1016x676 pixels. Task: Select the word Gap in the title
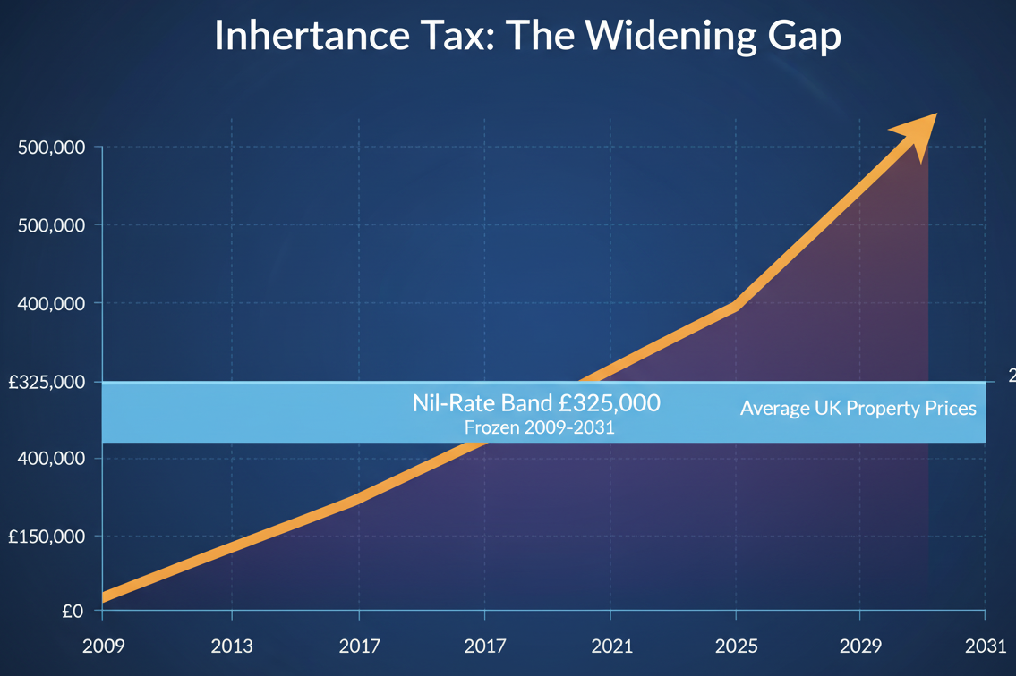tap(799, 38)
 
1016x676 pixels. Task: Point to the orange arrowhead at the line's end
tap(918, 132)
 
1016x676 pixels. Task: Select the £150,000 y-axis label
tap(47, 537)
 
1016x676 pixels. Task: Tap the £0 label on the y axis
tap(73, 612)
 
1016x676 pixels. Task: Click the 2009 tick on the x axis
tap(104, 646)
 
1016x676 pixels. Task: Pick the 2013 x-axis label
tap(232, 646)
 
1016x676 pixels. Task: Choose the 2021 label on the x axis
tap(610, 646)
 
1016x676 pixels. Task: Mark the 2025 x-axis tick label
tap(736, 646)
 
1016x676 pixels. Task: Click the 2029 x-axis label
tap(859, 646)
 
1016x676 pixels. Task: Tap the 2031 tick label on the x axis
tap(984, 646)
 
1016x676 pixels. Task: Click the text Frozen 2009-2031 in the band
tap(539, 427)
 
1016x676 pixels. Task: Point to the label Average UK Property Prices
tap(858, 409)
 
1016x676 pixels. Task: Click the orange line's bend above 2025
tap(735, 306)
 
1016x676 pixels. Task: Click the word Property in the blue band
tap(881, 410)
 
